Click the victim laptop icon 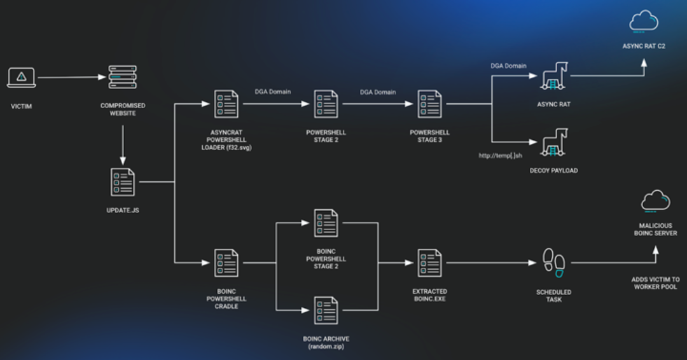pyautogui.click(x=21, y=78)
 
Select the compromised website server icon pyautogui.click(x=123, y=77)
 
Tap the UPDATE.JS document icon pyautogui.click(x=123, y=182)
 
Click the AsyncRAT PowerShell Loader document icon pyautogui.click(x=226, y=104)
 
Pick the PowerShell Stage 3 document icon pyautogui.click(x=429, y=104)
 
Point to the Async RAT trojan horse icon pyautogui.click(x=554, y=76)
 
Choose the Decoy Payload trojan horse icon pyautogui.click(x=554, y=142)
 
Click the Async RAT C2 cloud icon pyautogui.click(x=644, y=22)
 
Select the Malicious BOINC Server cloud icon pyautogui.click(x=655, y=201)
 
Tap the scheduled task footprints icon pyautogui.click(x=554, y=263)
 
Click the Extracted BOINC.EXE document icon pyautogui.click(x=429, y=263)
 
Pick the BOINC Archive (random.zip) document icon pyautogui.click(x=326, y=310)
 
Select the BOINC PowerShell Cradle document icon pyautogui.click(x=226, y=263)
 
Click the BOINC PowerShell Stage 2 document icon pyautogui.click(x=326, y=223)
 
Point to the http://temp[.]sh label pyautogui.click(x=501, y=155)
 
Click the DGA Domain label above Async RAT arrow pyautogui.click(x=508, y=66)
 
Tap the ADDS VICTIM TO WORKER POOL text pyautogui.click(x=655, y=283)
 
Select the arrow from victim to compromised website pyautogui.click(x=72, y=78)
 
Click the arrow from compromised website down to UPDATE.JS pyautogui.click(x=123, y=145)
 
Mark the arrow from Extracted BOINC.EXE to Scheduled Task pyautogui.click(x=491, y=263)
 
